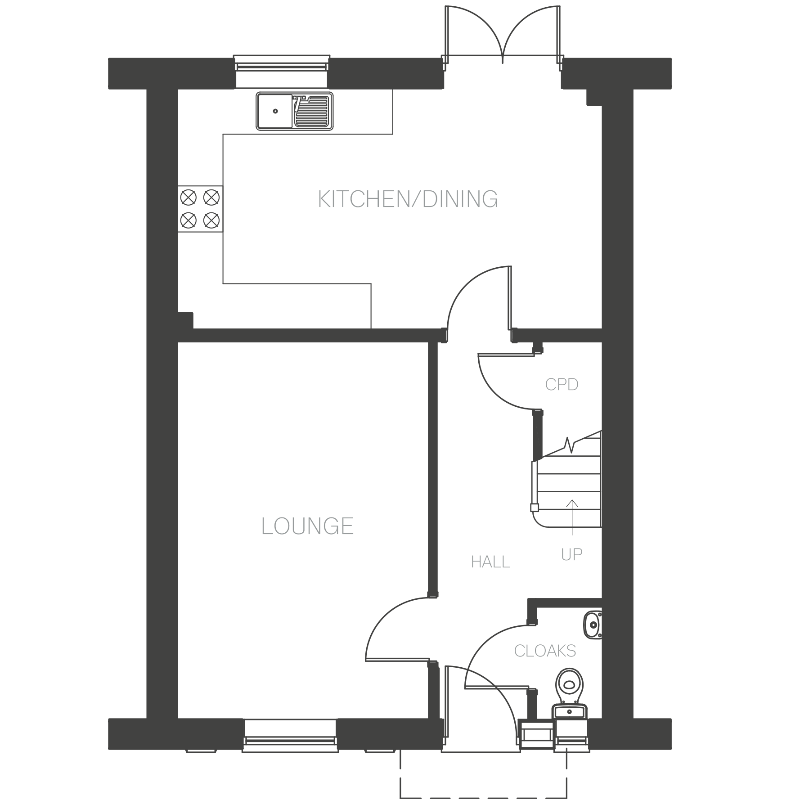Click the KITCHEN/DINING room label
pos(408,199)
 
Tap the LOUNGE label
pos(307,526)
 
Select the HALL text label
pos(490,562)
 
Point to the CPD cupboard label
pos(562,385)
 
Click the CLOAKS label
pos(545,651)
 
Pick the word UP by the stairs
pos(572,555)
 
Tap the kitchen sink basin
pos(274,111)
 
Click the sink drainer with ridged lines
pos(311,111)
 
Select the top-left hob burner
pos(188,197)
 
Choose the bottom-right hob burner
pos(211,220)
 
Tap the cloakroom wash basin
pos(593,624)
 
